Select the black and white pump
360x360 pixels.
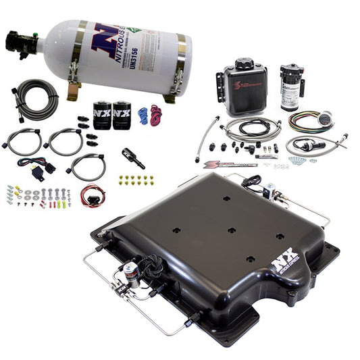pos(292,86)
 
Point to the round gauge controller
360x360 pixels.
pos(326,120)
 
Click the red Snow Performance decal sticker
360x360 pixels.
pos(230,163)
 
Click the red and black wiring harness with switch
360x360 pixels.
pos(92,195)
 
